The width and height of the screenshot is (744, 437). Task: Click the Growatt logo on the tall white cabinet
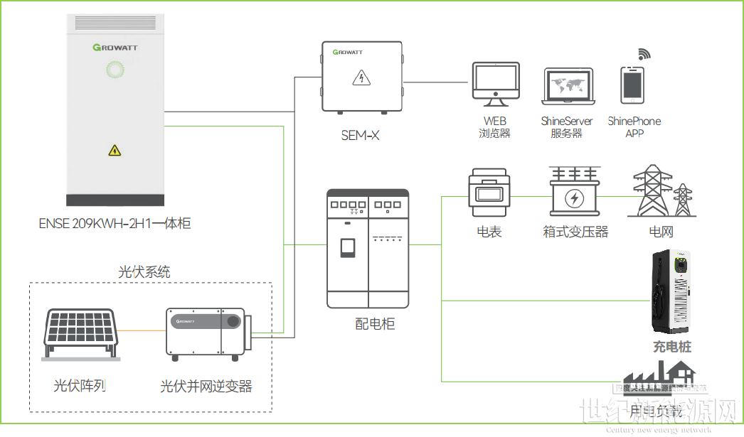pyautogui.click(x=115, y=48)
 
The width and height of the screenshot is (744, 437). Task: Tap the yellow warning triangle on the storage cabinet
pyautogui.click(x=115, y=150)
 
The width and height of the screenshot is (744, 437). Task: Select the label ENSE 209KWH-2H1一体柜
pyautogui.click(x=115, y=223)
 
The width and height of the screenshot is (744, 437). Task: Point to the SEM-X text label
pyautogui.click(x=360, y=135)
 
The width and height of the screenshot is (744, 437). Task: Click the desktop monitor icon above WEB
pyautogui.click(x=495, y=82)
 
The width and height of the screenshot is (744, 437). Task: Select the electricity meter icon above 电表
pyautogui.click(x=489, y=191)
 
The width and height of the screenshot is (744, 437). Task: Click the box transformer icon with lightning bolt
pyautogui.click(x=573, y=193)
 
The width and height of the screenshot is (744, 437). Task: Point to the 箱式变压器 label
pyautogui.click(x=575, y=232)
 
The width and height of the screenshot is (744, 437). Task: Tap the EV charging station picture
pyautogui.click(x=672, y=291)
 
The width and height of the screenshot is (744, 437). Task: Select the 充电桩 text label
pyautogui.click(x=672, y=347)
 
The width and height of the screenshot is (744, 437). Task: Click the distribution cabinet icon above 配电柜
pyautogui.click(x=368, y=248)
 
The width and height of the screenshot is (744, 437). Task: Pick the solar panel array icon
pyautogui.click(x=79, y=334)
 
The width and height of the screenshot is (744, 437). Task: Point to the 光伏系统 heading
pyautogui.click(x=144, y=271)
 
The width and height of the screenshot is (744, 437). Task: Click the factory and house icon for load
pyautogui.click(x=658, y=376)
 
